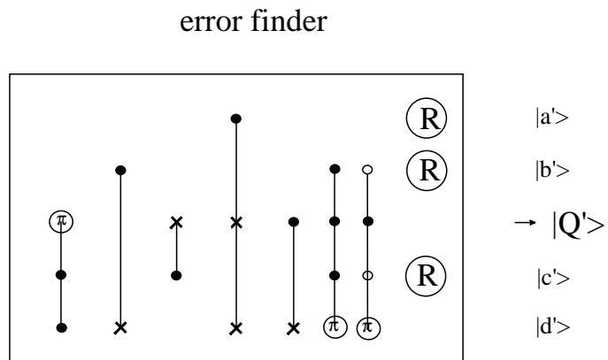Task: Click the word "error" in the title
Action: [212, 23]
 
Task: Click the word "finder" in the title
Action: [289, 20]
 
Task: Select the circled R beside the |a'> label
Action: [427, 119]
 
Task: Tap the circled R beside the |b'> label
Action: [427, 171]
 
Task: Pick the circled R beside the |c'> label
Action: [426, 276]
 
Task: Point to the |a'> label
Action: [551, 117]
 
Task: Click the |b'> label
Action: [552, 170]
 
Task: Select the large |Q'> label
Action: [578, 225]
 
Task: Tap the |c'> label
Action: [553, 279]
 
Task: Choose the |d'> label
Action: [553, 326]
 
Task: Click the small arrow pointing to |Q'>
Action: [526, 222]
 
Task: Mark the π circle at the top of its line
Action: [61, 222]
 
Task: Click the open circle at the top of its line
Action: [367, 170]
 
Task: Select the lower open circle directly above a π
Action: [367, 275]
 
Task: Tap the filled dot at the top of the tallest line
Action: [236, 119]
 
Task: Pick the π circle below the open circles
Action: [368, 327]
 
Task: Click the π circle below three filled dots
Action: [335, 326]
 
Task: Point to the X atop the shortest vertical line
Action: [176, 222]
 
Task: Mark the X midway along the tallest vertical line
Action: [236, 223]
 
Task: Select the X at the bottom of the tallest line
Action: [236, 329]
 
